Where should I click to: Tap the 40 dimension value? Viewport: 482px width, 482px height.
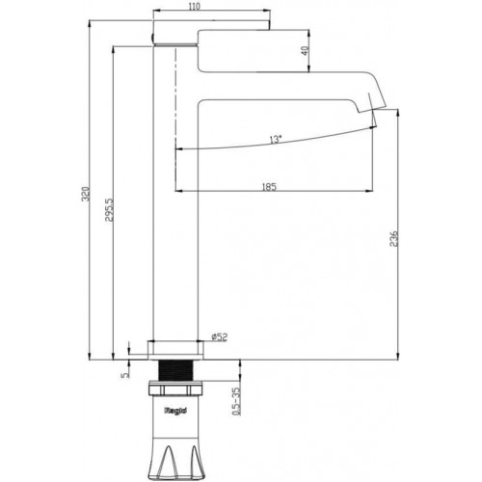(307, 51)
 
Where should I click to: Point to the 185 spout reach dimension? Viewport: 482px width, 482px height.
(269, 187)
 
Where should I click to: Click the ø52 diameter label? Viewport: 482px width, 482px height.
(218, 336)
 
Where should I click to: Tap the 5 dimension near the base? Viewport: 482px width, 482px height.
(124, 370)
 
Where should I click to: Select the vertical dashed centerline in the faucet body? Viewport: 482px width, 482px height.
(175, 96)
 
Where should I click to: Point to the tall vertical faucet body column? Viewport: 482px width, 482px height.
(175, 241)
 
